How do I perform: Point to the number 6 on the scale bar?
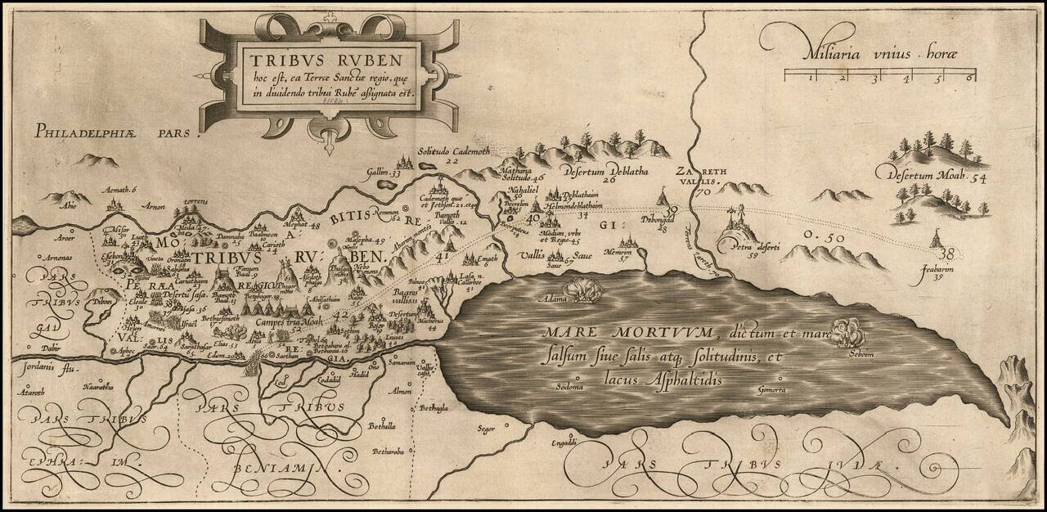[x=968, y=79]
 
